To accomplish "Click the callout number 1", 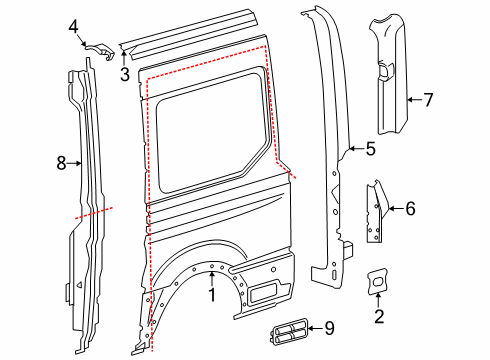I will click(x=212, y=294).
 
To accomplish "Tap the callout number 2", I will click(x=378, y=317).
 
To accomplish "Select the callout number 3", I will click(x=124, y=73).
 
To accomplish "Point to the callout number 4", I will click(x=73, y=28).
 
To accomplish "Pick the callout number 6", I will click(x=408, y=208).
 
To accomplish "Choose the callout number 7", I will click(x=427, y=99).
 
